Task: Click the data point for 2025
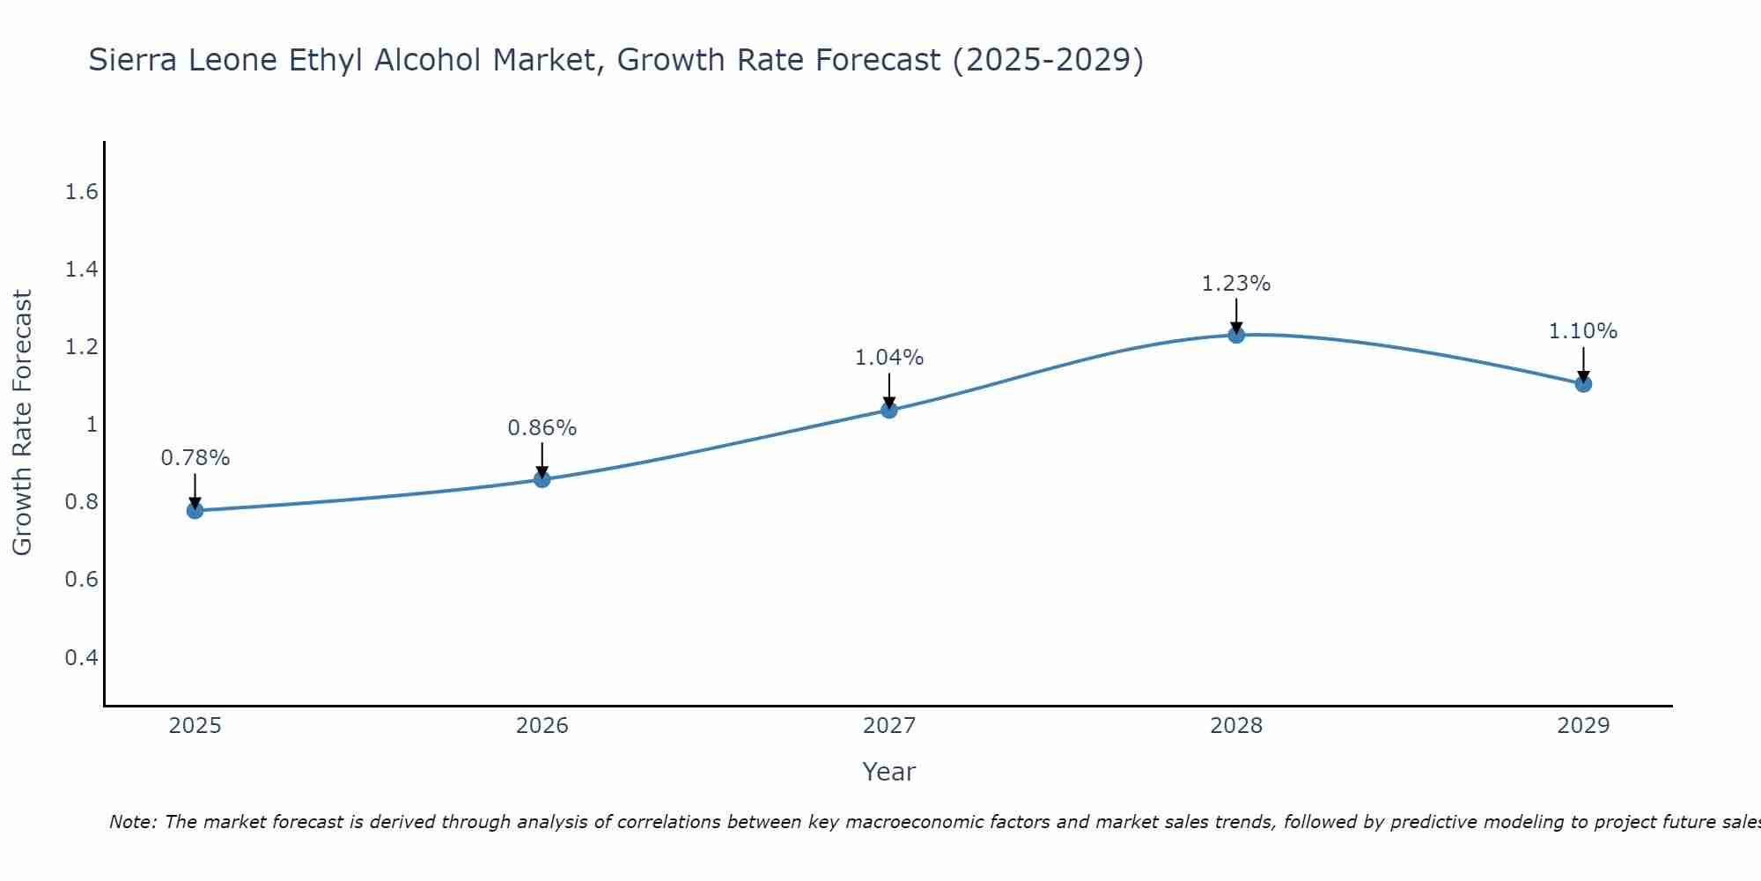pyautogui.click(x=195, y=510)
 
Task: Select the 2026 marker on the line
pyautogui.click(x=542, y=479)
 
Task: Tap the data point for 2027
pyautogui.click(x=889, y=410)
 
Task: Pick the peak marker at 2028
pyautogui.click(x=1236, y=335)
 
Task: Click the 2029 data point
pyautogui.click(x=1583, y=384)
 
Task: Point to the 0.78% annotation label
pyautogui.click(x=195, y=458)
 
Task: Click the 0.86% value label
pyautogui.click(x=542, y=428)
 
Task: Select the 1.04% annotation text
pyautogui.click(x=889, y=358)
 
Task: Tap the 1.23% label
pyautogui.click(x=1236, y=284)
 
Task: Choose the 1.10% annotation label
pyautogui.click(x=1583, y=331)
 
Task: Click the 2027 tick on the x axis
pyautogui.click(x=889, y=726)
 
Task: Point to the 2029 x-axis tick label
pyautogui.click(x=1583, y=726)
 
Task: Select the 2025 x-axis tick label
pyautogui.click(x=195, y=726)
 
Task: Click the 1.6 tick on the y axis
pyautogui.click(x=81, y=192)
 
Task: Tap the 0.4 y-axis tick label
pyautogui.click(x=81, y=657)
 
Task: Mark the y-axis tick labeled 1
pyautogui.click(x=91, y=425)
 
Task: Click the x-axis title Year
pyautogui.click(x=889, y=772)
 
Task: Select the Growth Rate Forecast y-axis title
pyautogui.click(x=22, y=423)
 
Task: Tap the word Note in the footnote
pyautogui.click(x=132, y=822)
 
